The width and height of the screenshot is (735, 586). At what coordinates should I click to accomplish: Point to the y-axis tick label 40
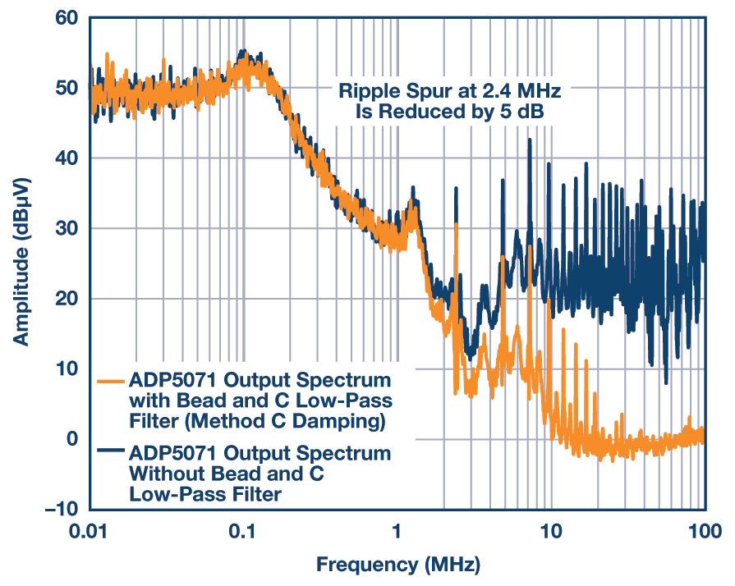click(x=67, y=158)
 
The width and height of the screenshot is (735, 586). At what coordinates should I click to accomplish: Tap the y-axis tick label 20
click(x=67, y=299)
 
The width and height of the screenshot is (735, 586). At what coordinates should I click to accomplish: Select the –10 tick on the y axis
click(x=63, y=510)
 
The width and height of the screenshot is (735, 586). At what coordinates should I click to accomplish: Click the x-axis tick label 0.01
click(x=90, y=531)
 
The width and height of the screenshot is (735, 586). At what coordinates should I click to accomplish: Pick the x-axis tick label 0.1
click(x=243, y=531)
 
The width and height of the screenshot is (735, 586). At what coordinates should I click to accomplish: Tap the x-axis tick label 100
click(x=705, y=531)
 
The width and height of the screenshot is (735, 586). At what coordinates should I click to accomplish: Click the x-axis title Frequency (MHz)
click(x=397, y=565)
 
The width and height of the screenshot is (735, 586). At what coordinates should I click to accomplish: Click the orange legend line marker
click(x=111, y=382)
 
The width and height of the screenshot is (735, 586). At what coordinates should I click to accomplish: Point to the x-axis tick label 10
click(x=551, y=531)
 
